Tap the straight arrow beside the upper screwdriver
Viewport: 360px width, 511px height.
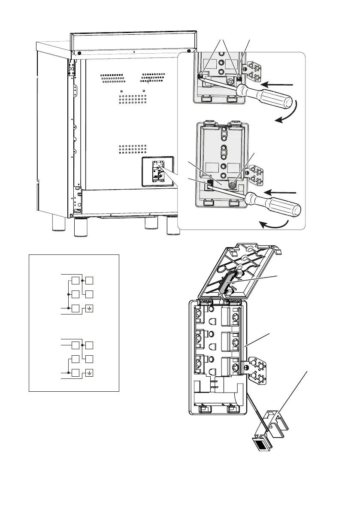point(279,84)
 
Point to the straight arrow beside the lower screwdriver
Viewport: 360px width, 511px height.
point(281,191)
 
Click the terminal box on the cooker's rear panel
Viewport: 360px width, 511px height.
point(158,172)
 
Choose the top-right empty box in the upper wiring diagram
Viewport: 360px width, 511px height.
point(89,281)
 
